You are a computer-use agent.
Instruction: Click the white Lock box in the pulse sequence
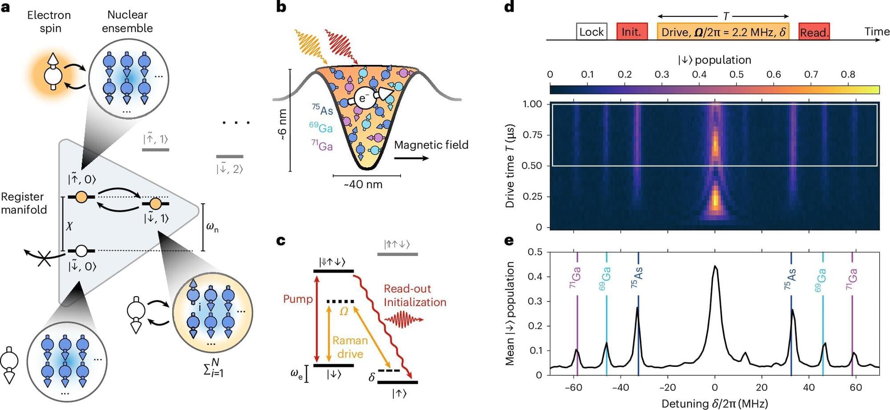point(591,32)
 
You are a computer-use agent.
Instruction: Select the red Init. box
point(631,32)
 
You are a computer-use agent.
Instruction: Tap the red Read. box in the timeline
point(814,32)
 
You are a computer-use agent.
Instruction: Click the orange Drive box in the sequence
point(723,32)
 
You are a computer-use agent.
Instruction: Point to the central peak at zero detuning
point(715,267)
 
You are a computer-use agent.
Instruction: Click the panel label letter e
point(509,241)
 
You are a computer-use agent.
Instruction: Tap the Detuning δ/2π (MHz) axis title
point(715,403)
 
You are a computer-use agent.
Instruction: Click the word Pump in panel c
point(298,299)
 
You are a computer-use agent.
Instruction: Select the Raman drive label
point(350,347)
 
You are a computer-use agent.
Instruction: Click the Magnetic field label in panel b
point(431,145)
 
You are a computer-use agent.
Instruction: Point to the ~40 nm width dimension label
point(363,185)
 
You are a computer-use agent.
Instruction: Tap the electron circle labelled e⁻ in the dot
point(362,98)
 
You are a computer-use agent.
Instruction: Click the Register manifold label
point(24,203)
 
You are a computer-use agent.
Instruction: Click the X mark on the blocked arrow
point(44,258)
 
